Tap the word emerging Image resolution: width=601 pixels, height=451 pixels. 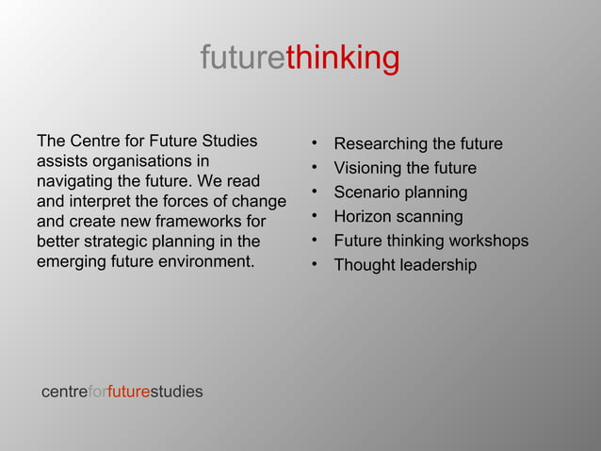72,261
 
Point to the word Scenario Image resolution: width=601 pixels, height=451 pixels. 366,192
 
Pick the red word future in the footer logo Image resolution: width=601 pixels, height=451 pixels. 128,391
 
